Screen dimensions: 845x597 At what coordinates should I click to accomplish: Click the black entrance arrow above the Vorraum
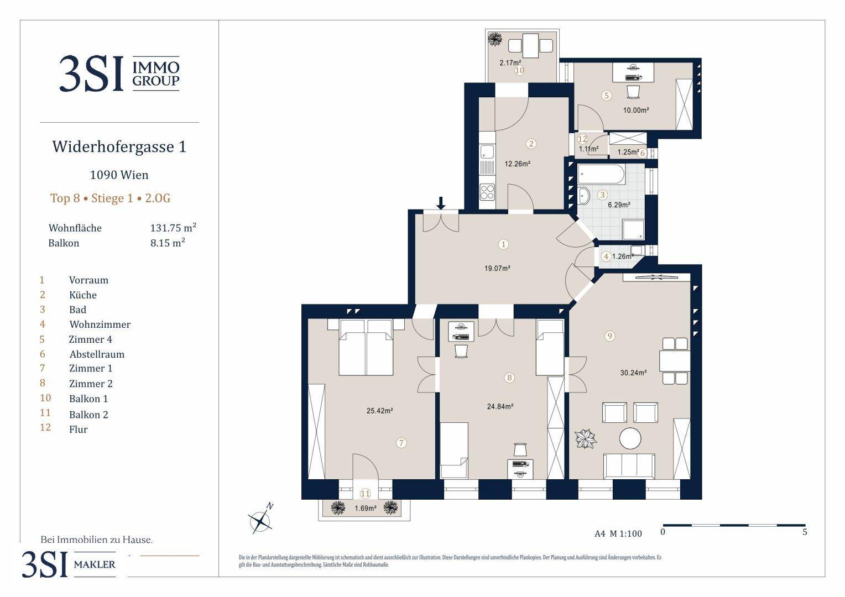click(441, 203)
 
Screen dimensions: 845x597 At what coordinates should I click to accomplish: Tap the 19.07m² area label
click(497, 269)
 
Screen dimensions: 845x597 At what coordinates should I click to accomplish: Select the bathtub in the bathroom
click(601, 174)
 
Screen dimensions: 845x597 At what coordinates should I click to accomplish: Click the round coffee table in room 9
click(630, 438)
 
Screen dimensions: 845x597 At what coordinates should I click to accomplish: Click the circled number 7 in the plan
click(401, 443)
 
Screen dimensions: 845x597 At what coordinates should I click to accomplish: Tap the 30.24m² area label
click(633, 373)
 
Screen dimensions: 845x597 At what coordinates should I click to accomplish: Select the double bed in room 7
click(366, 347)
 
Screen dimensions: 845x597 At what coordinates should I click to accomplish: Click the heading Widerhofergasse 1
click(119, 146)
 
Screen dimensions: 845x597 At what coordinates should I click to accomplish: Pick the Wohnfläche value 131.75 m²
click(173, 228)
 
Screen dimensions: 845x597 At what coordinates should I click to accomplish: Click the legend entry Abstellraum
click(97, 354)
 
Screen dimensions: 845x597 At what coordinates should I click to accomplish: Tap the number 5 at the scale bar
click(805, 532)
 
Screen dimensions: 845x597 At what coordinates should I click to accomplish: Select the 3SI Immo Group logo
click(119, 74)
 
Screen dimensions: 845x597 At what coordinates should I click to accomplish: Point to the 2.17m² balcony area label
click(510, 63)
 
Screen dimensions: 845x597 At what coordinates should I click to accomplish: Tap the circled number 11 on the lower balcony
click(365, 493)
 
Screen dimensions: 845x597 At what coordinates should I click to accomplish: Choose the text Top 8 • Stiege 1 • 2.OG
click(111, 198)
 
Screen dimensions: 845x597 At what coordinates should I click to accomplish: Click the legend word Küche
click(82, 295)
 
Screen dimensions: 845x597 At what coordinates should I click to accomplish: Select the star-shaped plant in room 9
click(586, 438)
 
